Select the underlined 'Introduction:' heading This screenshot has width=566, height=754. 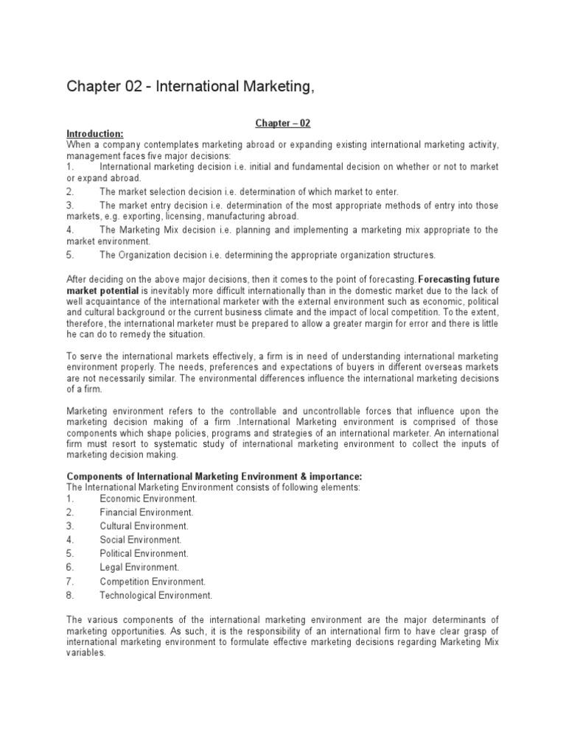[x=95, y=133]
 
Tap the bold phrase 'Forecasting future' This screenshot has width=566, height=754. [x=458, y=280]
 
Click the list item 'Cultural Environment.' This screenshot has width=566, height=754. [x=144, y=526]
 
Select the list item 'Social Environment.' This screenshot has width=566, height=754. [x=141, y=540]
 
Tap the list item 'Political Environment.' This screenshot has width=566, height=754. [x=144, y=553]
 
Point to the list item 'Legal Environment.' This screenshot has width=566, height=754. [x=139, y=567]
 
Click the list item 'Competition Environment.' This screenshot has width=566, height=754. [x=153, y=581]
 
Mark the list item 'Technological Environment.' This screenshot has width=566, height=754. [x=156, y=595]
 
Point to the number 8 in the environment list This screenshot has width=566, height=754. [x=69, y=595]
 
